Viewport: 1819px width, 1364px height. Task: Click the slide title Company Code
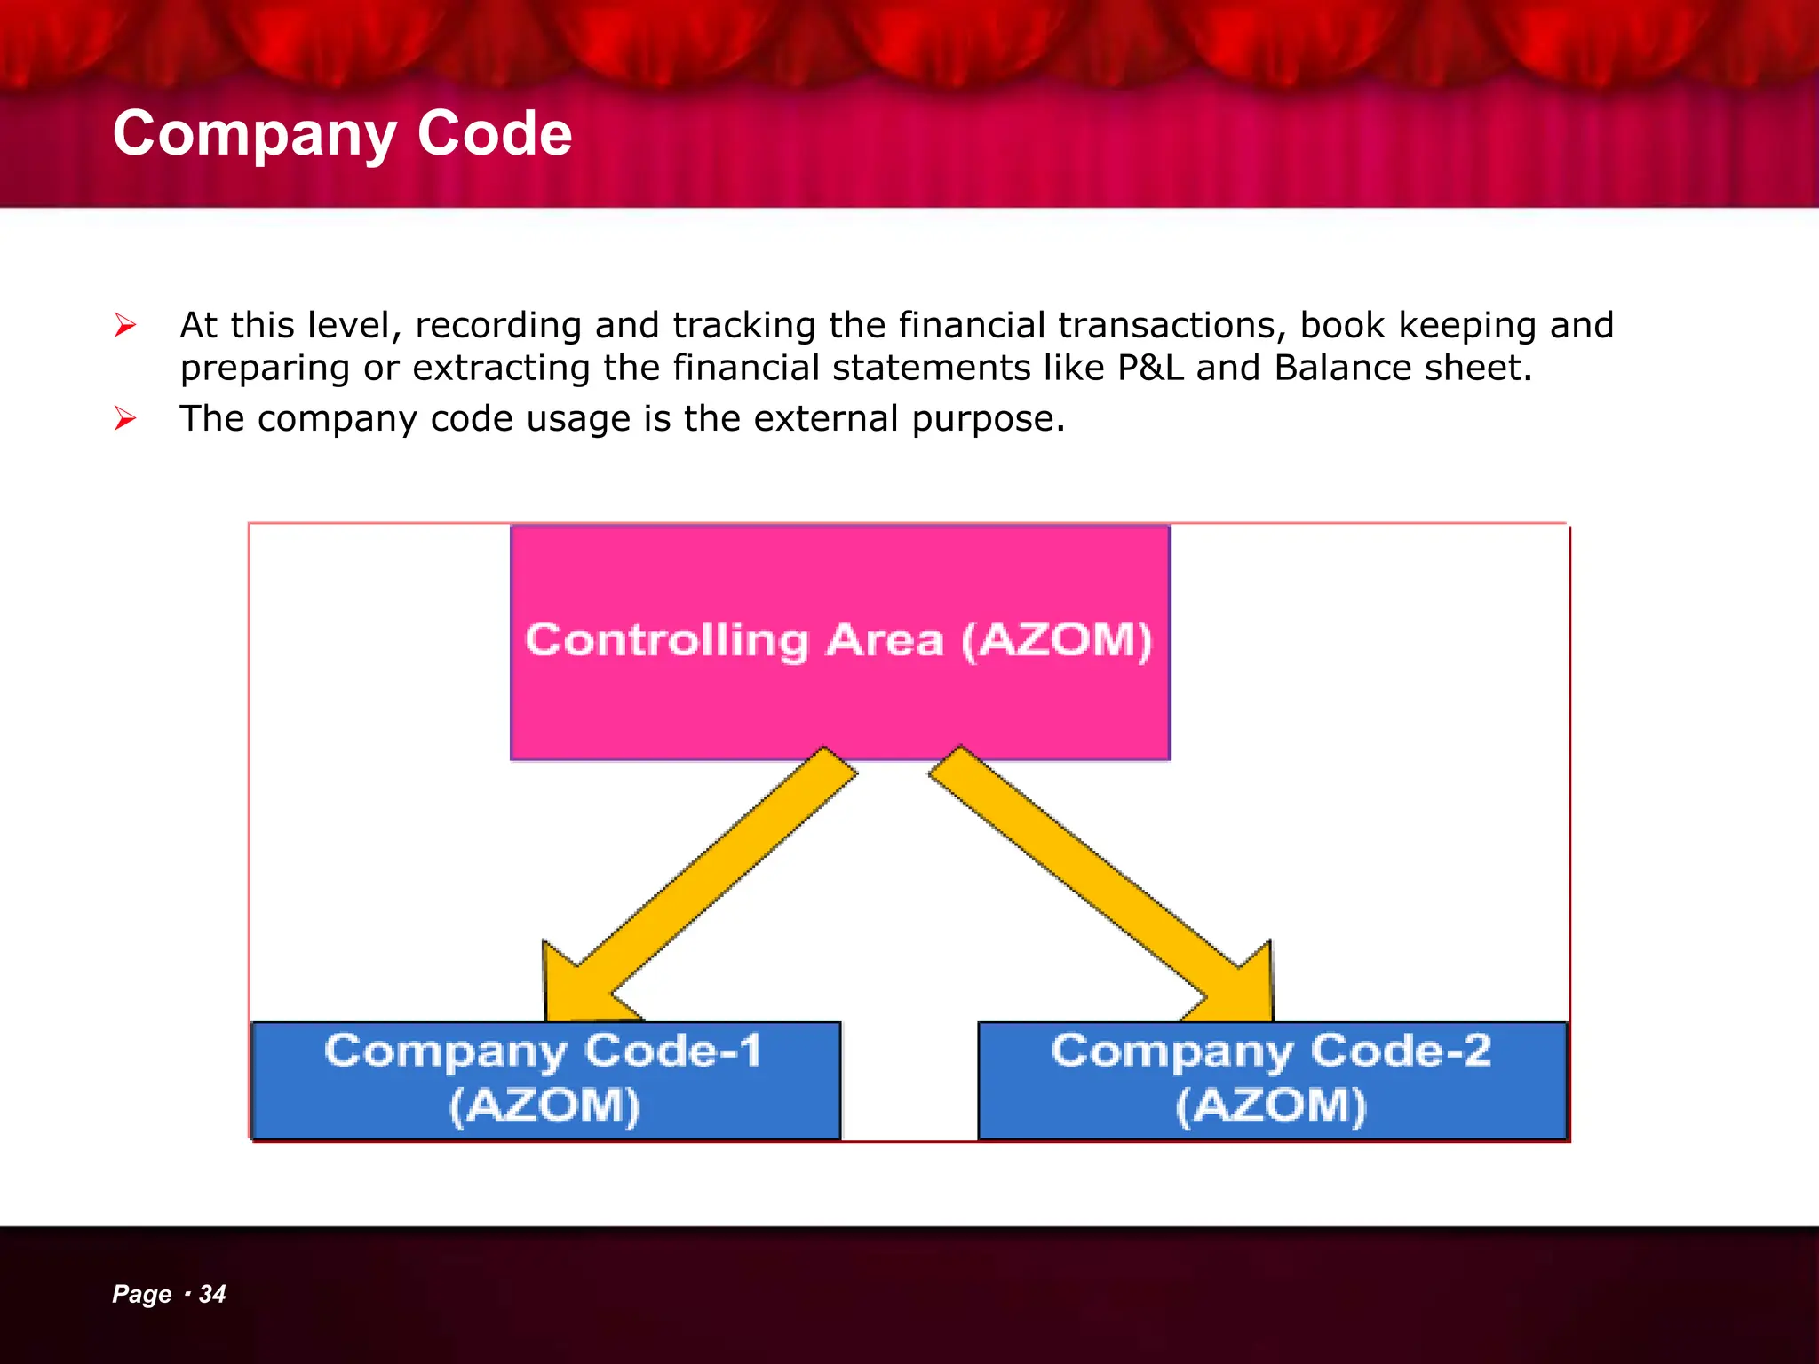click(342, 134)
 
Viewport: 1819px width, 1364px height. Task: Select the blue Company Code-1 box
click(545, 1080)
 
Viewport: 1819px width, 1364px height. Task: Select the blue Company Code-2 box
click(1272, 1080)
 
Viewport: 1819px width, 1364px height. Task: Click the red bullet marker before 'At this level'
click(125, 326)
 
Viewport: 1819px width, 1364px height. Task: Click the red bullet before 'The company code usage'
click(125, 418)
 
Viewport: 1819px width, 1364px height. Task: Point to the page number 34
click(212, 1294)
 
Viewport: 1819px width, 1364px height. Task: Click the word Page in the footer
click(141, 1295)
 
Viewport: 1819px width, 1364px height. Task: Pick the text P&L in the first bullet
click(1150, 368)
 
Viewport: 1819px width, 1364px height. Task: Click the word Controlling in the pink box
click(667, 640)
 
